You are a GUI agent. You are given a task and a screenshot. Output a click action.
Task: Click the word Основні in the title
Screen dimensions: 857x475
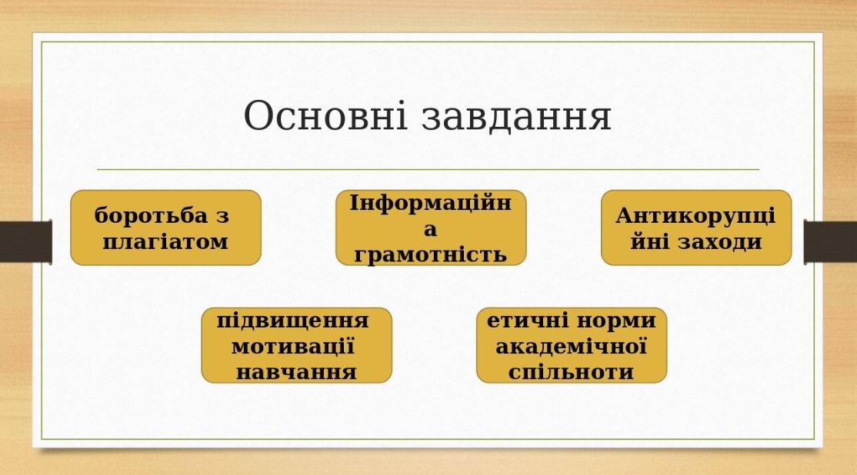point(325,115)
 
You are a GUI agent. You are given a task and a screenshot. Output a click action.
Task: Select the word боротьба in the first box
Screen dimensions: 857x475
point(151,215)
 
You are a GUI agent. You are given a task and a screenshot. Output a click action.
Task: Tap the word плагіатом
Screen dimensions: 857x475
point(165,242)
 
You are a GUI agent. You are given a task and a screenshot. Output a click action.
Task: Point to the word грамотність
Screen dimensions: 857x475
point(431,255)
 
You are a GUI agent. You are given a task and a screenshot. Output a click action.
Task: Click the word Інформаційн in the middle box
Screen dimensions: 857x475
point(431,203)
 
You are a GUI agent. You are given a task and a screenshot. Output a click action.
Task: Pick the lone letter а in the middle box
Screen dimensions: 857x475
point(431,229)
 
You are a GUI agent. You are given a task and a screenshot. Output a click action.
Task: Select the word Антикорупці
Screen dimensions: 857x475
point(695,215)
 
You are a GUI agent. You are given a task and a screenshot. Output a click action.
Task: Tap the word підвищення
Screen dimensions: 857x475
point(293,321)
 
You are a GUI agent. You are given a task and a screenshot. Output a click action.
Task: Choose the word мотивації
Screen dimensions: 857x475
point(294,346)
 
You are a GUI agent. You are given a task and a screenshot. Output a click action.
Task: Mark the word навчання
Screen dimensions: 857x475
point(296,372)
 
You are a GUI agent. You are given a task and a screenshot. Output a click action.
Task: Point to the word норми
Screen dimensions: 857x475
point(614,321)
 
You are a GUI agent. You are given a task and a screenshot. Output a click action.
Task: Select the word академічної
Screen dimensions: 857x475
point(571,346)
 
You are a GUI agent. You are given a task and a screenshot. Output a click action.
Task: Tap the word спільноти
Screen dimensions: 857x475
point(571,372)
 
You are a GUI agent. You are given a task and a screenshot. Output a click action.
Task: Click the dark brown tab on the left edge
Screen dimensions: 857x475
point(25,241)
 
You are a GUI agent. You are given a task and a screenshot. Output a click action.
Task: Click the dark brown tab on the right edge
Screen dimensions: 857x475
point(830,241)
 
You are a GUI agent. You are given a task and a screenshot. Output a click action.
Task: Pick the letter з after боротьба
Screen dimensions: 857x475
point(222,216)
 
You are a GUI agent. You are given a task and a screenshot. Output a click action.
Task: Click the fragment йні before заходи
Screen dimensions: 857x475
point(650,241)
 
